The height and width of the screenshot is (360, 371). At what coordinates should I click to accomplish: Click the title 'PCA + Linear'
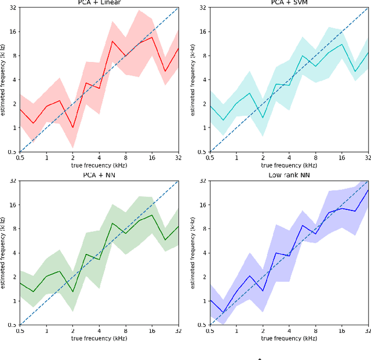99,2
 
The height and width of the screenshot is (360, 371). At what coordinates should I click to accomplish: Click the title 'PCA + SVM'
289,2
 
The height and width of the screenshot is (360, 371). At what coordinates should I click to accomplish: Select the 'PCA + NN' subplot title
99,175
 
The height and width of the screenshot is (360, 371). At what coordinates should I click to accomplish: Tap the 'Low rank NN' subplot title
289,175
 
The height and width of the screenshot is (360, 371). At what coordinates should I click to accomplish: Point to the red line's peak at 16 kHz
152,37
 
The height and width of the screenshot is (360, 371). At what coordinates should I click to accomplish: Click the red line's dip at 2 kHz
72,128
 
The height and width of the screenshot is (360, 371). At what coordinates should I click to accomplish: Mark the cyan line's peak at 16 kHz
342,44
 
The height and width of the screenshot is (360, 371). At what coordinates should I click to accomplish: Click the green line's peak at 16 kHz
152,215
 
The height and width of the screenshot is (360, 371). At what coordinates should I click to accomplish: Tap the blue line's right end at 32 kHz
368,190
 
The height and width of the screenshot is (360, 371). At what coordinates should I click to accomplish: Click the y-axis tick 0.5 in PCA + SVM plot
202,152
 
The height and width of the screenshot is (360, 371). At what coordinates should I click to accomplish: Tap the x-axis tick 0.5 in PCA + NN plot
20,331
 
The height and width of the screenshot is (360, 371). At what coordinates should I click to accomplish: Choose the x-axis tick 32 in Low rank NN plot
368,331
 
